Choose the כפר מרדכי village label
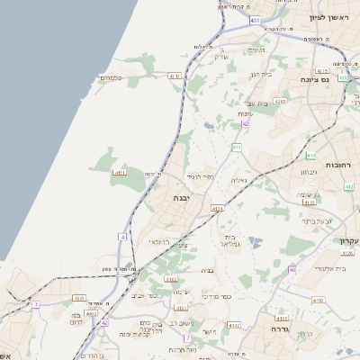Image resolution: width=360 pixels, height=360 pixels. point(215,296)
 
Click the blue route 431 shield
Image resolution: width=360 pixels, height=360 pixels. point(256,19)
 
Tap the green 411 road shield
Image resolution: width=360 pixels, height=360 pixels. point(237,147)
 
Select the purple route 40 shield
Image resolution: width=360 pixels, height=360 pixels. point(292,269)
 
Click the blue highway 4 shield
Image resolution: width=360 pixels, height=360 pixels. point(122,237)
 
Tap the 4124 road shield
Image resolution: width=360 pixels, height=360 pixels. point(217,208)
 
